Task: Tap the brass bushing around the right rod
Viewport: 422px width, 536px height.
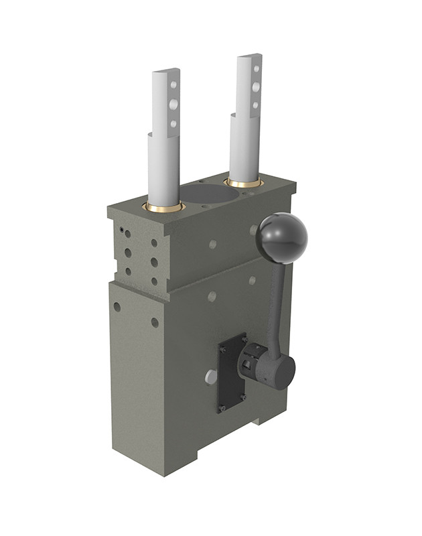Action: (244, 183)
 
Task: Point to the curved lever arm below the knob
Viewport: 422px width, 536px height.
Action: (276, 301)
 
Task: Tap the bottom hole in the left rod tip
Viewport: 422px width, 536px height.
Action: (173, 123)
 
